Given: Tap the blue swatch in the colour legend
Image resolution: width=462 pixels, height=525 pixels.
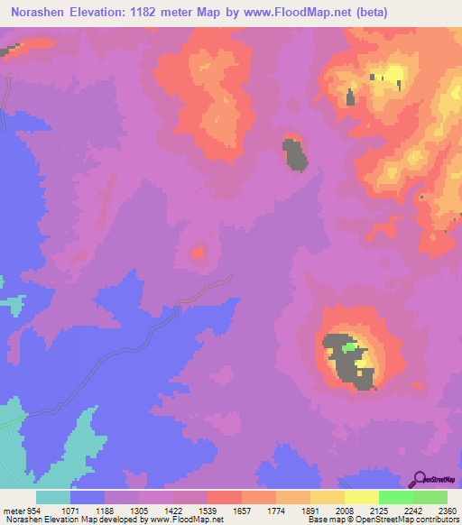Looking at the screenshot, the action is [x=88, y=497].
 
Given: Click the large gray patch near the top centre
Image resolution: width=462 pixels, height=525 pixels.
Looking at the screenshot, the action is [x=295, y=154].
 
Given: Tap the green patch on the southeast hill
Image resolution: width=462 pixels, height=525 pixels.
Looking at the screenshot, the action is [x=348, y=346].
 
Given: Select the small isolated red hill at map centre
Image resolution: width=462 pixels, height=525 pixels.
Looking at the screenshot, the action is [x=196, y=253].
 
